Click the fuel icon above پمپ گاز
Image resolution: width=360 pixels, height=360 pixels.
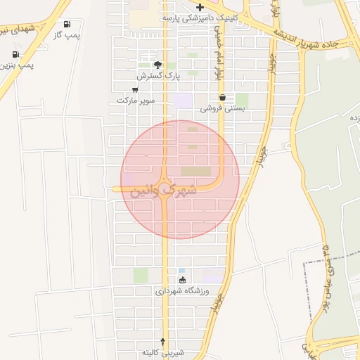67,24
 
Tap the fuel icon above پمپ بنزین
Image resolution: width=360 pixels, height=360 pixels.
15,54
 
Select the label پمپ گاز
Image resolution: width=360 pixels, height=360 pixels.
67,34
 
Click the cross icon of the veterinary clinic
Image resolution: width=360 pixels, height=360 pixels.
200,7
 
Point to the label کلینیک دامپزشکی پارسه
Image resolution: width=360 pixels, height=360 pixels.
200,17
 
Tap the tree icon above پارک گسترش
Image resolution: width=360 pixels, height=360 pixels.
157,64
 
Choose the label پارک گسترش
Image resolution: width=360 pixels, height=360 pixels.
159,75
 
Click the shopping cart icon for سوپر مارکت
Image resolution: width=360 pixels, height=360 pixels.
135,90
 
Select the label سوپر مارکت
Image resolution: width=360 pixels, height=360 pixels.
135,101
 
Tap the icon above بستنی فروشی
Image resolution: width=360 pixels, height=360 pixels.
222,98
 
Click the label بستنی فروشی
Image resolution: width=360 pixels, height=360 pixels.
221,108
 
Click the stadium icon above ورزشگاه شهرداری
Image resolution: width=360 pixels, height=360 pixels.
183,280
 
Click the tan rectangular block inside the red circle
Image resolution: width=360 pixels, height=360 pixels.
195,171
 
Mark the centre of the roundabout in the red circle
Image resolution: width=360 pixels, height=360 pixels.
165,188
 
